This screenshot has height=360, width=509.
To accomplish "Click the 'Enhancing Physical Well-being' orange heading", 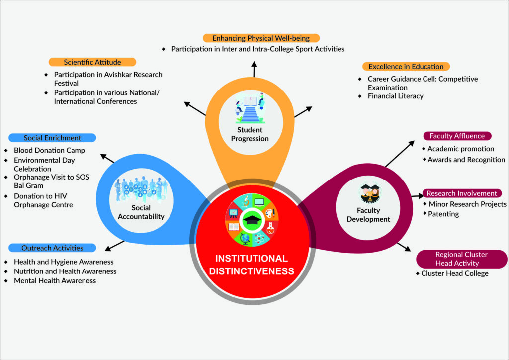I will coord(261,38).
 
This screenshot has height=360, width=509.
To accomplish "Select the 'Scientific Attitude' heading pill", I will coord(92,62).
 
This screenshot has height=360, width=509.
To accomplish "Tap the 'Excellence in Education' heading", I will coord(406,66).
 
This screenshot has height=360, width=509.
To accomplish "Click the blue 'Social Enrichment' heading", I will coord(52,138).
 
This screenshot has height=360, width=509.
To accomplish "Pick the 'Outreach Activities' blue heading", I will coord(52,248).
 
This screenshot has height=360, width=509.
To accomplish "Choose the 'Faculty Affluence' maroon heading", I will coord(457,136).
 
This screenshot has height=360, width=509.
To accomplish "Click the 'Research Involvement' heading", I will coord(462,193).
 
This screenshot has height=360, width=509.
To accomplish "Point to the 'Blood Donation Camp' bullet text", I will coord(49,150).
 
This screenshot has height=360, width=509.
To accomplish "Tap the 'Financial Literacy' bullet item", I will coord(395,96).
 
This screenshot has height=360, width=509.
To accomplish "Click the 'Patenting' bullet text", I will coord(443,214).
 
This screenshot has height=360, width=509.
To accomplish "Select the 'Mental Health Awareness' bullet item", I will coord(55,280).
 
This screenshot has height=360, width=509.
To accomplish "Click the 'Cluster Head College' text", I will coord(455,273).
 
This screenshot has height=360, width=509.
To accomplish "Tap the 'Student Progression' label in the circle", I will coord(250,134).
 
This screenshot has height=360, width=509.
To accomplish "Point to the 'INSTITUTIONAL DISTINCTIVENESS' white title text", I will coord(251,265).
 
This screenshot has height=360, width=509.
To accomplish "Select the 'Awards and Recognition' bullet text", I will coord(466,160).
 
